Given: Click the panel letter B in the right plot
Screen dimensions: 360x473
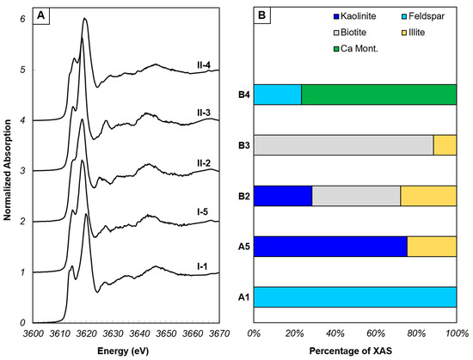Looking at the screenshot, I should coord(266,15).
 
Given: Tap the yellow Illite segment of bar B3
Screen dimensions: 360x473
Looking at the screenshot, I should coord(445,145).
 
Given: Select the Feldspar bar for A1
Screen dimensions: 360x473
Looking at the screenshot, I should coord(355,296).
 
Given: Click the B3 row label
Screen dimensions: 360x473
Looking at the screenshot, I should coord(243,145).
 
